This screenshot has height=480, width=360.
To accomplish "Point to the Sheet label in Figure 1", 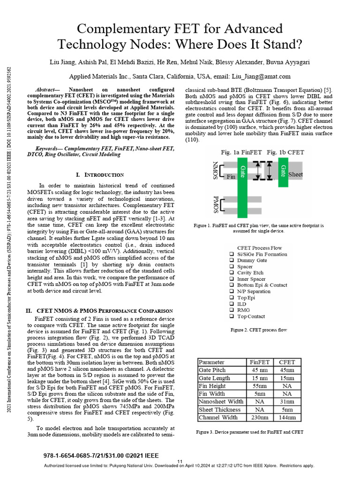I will pyautogui.click(x=295, y=174).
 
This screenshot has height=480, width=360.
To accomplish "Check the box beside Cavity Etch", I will pyautogui.click(x=232, y=272).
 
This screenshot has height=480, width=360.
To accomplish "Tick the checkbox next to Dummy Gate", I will pyautogui.click(x=232, y=260).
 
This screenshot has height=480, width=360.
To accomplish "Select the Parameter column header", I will pyautogui.click(x=212, y=362).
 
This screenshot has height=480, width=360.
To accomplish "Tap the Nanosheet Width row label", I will pyautogui.click(x=221, y=401).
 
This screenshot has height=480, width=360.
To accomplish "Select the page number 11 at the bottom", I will pyautogui.click(x=180, y=462).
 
